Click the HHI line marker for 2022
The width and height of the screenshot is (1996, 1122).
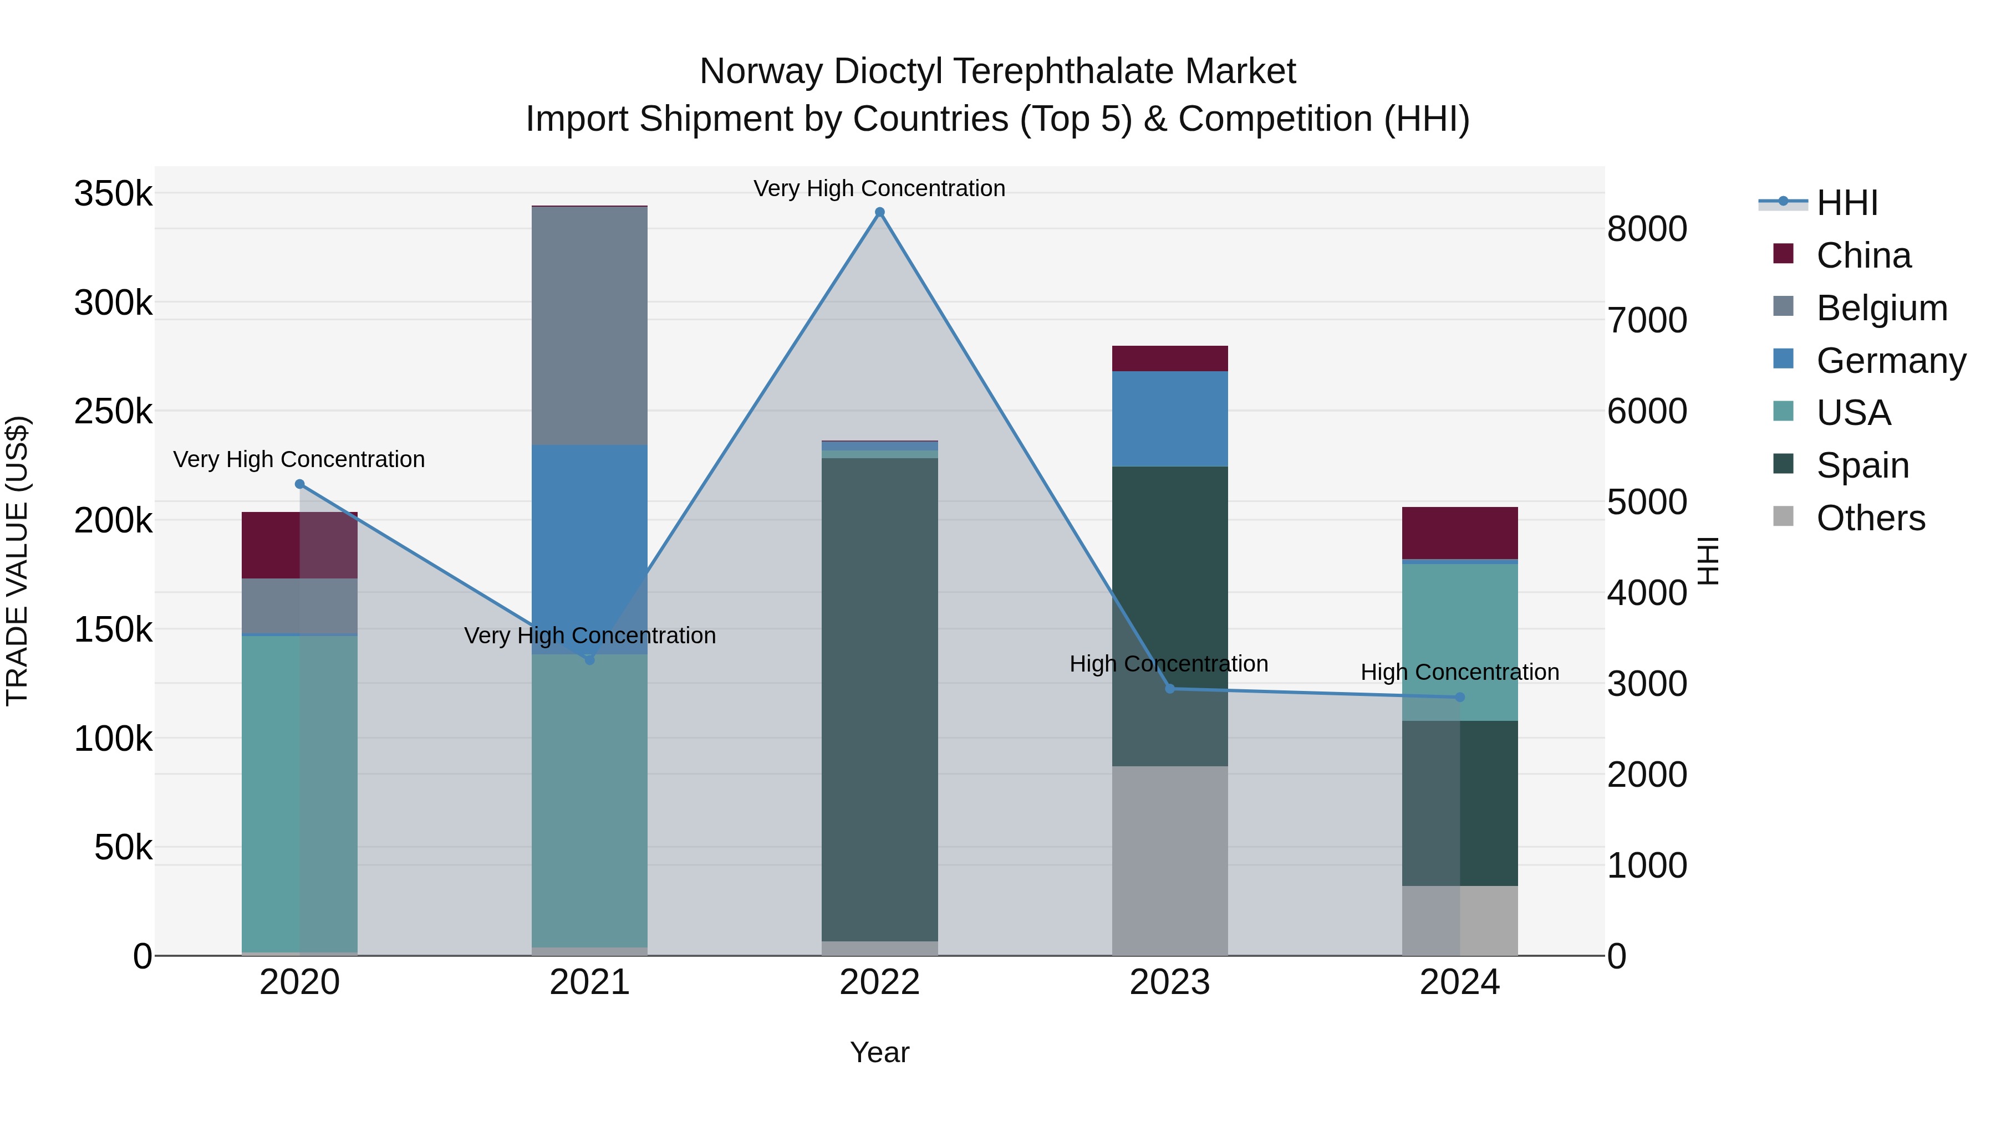point(879,212)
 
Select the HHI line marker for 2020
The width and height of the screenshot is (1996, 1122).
point(300,484)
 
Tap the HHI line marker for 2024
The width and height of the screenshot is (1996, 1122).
point(1460,697)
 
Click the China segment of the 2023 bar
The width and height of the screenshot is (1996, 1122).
point(1169,358)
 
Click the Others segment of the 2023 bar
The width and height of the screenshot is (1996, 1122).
point(1169,859)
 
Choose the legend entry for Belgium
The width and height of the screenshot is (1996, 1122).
point(1881,308)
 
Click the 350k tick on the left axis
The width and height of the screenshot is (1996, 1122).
point(113,193)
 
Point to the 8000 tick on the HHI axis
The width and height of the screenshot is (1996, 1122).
point(1647,229)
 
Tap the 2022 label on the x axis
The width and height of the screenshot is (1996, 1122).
point(879,982)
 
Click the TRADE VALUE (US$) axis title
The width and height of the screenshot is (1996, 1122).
point(17,561)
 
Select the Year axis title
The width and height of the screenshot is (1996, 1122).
point(879,1052)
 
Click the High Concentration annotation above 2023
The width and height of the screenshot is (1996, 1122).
point(1168,664)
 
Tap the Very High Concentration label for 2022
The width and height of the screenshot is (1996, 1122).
point(879,188)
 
